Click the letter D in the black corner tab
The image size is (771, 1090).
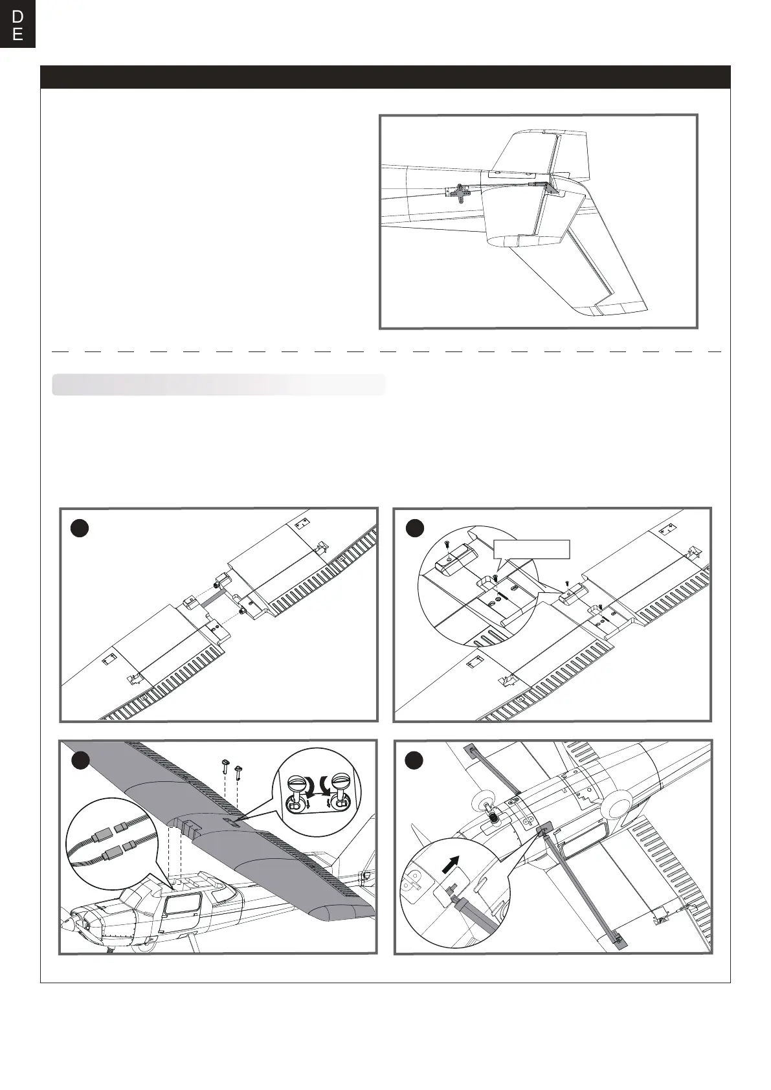17,16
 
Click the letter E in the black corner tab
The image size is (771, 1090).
17,34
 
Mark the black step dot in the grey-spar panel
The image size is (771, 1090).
79,528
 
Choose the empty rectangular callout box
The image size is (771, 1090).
531,549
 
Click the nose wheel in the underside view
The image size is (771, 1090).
493,818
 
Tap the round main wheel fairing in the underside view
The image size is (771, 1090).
617,807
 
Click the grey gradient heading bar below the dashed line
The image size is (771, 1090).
219,384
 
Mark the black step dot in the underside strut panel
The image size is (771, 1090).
414,761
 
